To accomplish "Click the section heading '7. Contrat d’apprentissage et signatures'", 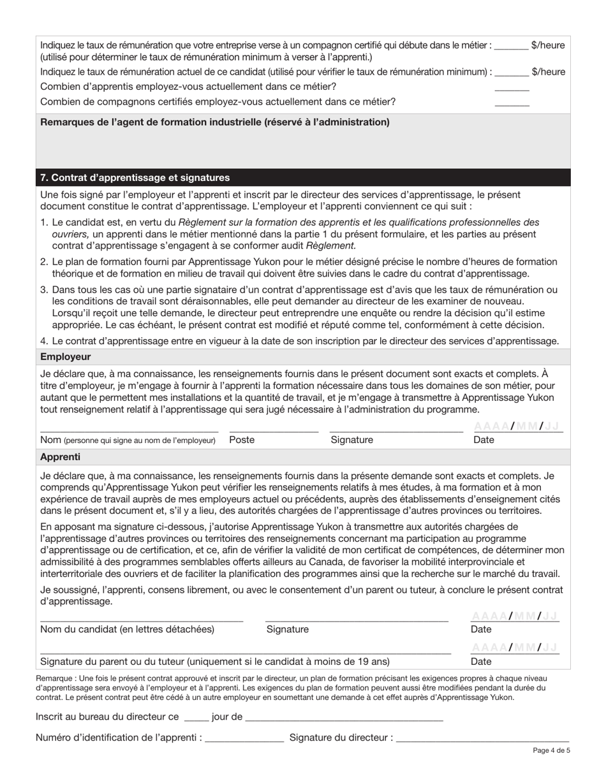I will click(x=135, y=178).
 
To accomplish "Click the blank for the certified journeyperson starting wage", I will click(x=511, y=46).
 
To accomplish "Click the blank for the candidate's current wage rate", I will click(x=511, y=72).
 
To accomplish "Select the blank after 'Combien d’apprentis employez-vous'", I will click(x=512, y=87).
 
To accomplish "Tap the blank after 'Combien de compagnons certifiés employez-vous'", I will click(x=512, y=102).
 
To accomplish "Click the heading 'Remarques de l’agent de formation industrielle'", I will click(x=214, y=122).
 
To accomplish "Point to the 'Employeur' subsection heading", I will click(x=65, y=357).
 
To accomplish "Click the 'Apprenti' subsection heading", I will click(x=60, y=457).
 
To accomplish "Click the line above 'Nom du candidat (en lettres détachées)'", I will click(x=141, y=616).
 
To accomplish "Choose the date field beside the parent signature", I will click(x=514, y=648).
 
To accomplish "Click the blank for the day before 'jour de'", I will click(x=196, y=717).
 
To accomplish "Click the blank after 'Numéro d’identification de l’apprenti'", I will click(x=244, y=738).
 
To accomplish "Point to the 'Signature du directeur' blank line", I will click(x=483, y=738).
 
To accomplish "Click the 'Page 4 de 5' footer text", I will click(x=551, y=751).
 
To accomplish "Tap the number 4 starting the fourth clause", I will click(x=43, y=342).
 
